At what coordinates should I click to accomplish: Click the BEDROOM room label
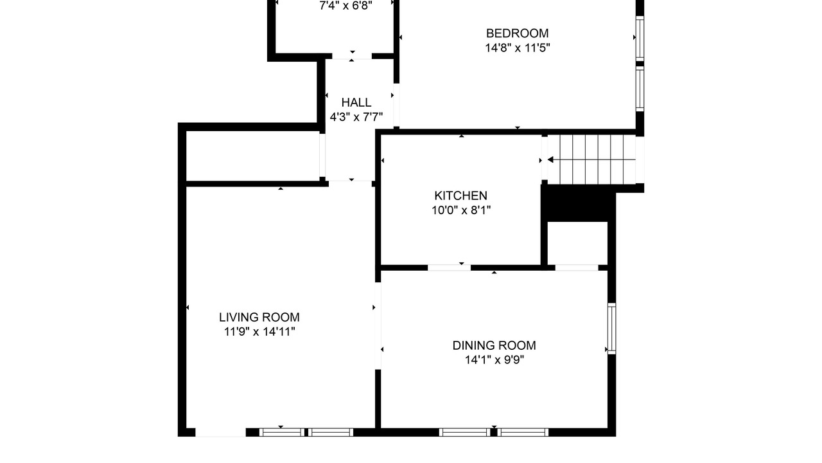click(518, 33)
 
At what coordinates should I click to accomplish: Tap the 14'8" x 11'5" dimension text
click(518, 48)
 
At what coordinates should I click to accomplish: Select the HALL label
click(356, 102)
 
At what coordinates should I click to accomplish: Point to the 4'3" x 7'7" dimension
click(356, 117)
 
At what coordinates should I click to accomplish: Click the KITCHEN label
click(461, 195)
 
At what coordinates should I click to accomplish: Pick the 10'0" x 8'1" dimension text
click(461, 210)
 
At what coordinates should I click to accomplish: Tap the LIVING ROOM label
click(259, 317)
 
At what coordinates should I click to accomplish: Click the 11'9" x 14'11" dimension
click(259, 332)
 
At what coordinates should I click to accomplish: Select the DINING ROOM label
click(494, 345)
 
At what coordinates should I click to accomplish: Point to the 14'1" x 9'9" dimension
click(494, 359)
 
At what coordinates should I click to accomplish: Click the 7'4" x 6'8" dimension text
click(345, 6)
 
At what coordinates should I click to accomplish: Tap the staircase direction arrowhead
click(550, 160)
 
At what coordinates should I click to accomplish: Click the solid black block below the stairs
click(579, 203)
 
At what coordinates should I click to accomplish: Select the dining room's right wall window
click(612, 329)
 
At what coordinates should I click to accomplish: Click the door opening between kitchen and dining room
click(449, 268)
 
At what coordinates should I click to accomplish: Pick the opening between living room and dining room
click(378, 325)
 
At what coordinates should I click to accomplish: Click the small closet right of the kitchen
click(577, 243)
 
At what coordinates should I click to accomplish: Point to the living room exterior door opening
click(220, 432)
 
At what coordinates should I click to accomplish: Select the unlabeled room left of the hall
click(252, 156)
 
